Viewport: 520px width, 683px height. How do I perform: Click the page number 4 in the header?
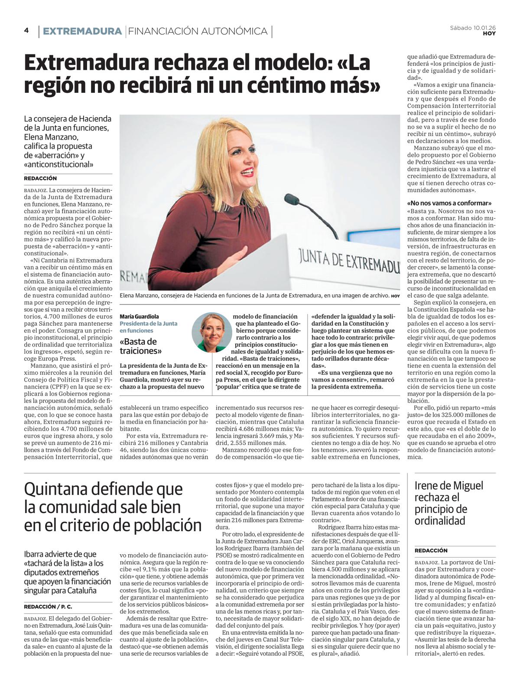(x=26, y=30)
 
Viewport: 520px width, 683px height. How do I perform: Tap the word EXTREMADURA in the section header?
(x=82, y=31)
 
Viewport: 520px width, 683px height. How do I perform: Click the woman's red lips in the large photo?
(x=247, y=172)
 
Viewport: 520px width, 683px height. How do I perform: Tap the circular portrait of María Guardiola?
(x=212, y=332)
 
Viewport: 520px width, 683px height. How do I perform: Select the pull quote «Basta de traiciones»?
(x=139, y=346)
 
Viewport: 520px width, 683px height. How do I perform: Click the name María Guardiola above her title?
(x=139, y=317)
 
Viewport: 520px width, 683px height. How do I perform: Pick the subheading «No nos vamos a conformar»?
(x=449, y=203)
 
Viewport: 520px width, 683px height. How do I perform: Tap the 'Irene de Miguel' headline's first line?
(x=448, y=486)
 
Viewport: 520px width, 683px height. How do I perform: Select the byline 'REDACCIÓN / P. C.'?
(x=48, y=606)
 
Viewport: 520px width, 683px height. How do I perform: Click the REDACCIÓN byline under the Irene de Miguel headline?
(x=431, y=550)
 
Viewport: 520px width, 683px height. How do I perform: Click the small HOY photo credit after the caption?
(x=395, y=296)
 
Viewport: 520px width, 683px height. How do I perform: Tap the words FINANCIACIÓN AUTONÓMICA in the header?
(x=198, y=31)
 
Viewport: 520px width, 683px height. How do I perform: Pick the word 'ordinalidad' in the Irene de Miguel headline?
(x=439, y=521)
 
